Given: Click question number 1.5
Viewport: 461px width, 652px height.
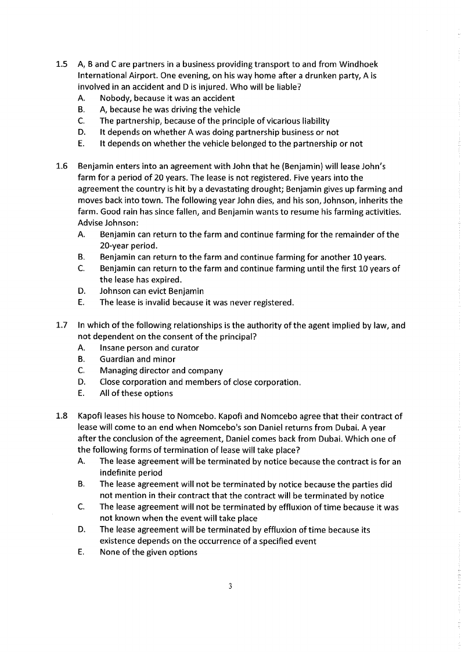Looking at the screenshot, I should click(62, 64).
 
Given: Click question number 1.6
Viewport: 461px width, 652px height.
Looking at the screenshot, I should click(62, 167).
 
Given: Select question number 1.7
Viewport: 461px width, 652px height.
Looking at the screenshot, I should click(62, 326).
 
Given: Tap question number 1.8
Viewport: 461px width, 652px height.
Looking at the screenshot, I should click(62, 416).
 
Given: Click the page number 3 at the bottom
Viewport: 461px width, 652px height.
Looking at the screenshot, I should click(230, 586).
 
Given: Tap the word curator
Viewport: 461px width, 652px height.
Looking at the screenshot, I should click(183, 348).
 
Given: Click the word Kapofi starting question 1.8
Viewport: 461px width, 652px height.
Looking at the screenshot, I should click(91, 416).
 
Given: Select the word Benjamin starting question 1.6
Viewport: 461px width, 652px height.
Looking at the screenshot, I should click(95, 167).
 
